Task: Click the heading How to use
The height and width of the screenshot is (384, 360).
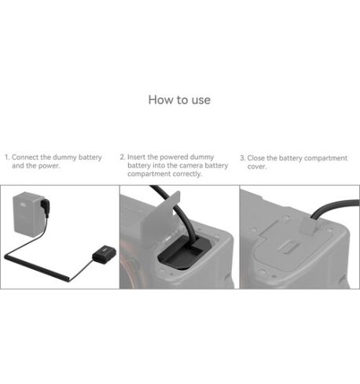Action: coord(179,100)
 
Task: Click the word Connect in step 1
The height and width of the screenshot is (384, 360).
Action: coord(25,157)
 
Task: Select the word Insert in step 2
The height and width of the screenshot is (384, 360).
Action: coord(136,157)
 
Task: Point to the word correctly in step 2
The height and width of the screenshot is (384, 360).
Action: coord(187,174)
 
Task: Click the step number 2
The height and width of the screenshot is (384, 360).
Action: coord(123,157)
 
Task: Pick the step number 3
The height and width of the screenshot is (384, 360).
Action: coord(243,158)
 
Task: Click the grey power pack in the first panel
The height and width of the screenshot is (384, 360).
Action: coord(28,214)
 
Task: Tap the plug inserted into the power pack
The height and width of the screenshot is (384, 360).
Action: coord(45,208)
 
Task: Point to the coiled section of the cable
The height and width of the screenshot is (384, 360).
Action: coord(37,267)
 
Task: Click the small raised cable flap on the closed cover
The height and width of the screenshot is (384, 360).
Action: coord(309,226)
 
